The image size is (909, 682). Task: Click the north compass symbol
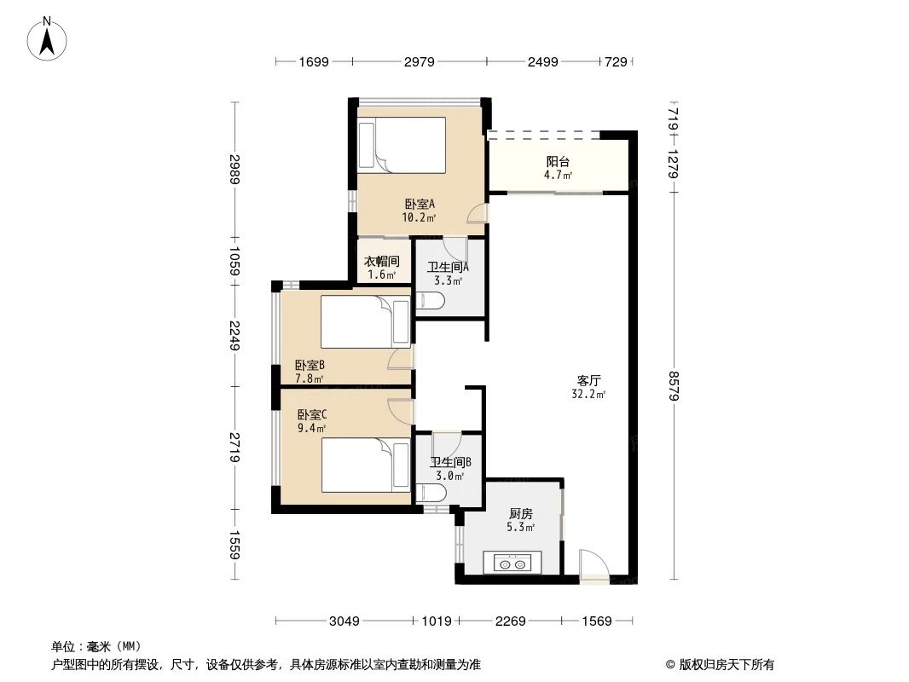coord(49,38)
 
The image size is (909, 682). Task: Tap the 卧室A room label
coord(420,205)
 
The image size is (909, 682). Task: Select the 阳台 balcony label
coord(558,161)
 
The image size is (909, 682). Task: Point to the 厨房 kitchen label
coord(520,514)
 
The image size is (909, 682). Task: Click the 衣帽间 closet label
coord(381,262)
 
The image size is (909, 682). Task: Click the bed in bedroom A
coord(402,144)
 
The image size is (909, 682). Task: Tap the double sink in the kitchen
coord(508,564)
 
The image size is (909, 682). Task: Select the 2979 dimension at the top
coord(419,61)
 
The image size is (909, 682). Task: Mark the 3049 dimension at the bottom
coord(344,621)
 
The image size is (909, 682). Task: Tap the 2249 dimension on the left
coord(235,335)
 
